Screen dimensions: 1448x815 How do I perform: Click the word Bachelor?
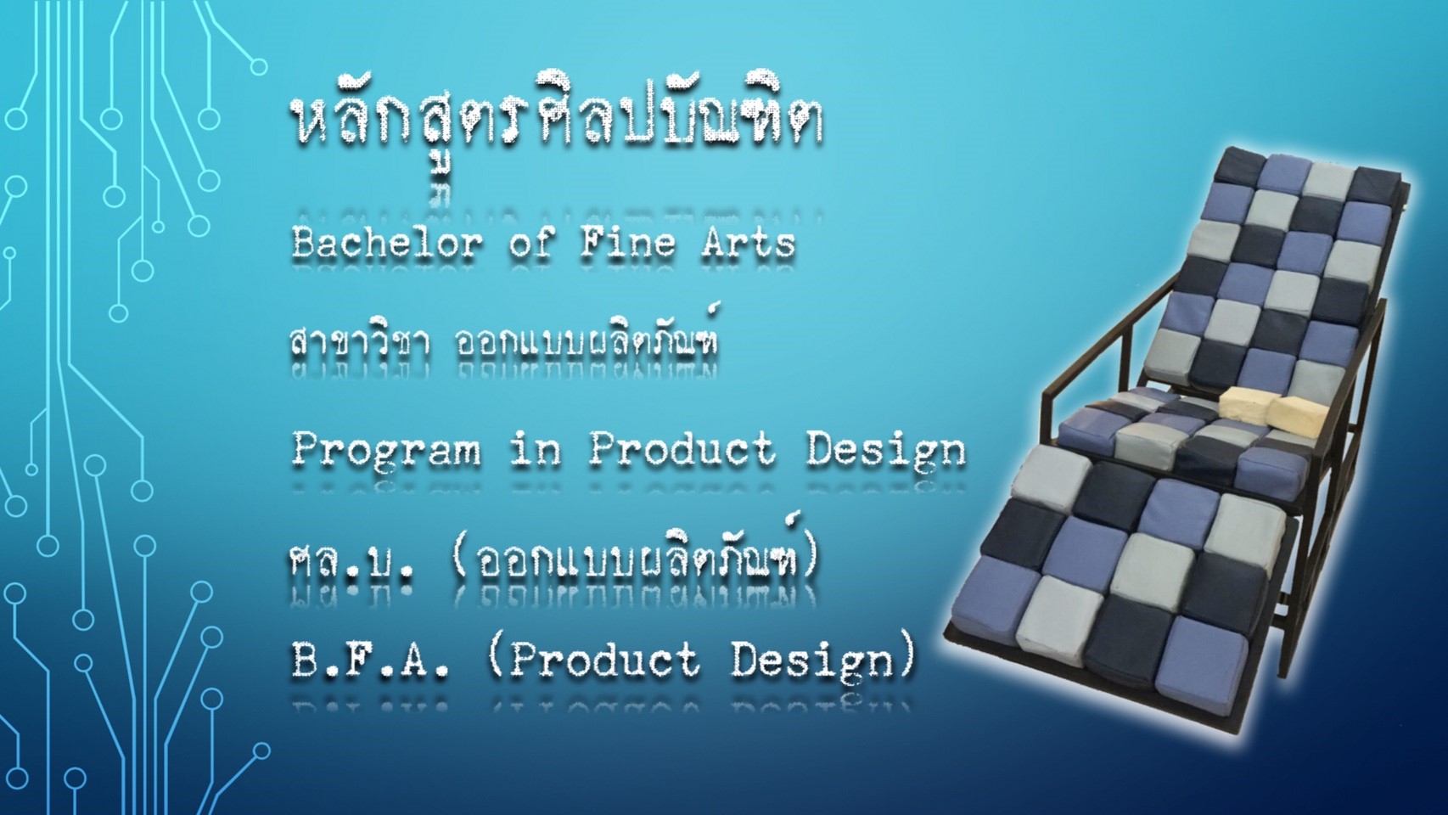click(387, 244)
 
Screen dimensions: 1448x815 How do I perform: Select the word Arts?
click(748, 244)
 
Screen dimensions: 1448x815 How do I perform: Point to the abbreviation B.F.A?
click(370, 660)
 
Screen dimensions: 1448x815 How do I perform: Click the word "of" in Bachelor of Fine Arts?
click(530, 244)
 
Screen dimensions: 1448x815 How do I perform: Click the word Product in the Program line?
click(682, 450)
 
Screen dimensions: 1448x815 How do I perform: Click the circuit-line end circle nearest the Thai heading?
click(259, 66)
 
